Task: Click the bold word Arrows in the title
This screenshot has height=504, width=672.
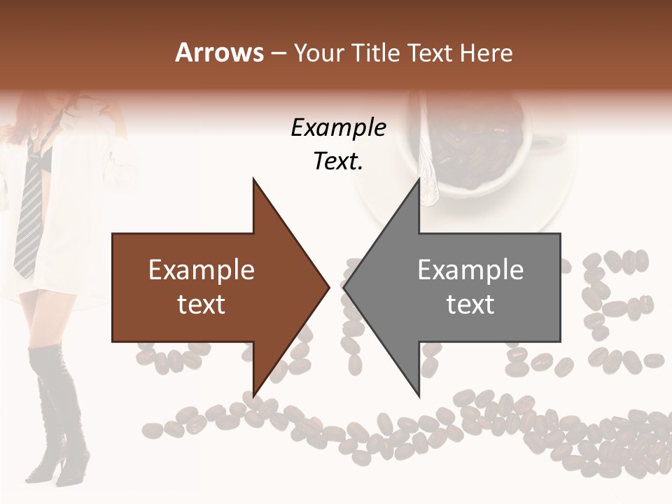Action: pos(219,52)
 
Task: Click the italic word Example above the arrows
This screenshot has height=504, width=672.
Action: pos(338,127)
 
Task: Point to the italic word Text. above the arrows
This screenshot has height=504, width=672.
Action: pos(338,161)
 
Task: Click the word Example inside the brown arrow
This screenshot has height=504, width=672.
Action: pos(202,269)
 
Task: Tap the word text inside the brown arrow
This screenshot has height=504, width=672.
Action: pos(202,304)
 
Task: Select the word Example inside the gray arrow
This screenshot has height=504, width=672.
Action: pos(470,269)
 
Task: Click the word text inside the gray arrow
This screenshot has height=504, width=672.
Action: pos(470,304)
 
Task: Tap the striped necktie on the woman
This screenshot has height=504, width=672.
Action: pos(29,210)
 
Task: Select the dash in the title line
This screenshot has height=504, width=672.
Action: pos(278,52)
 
